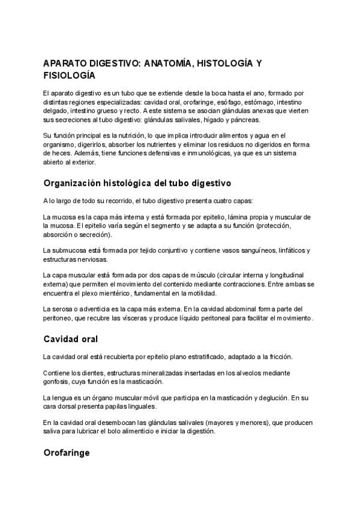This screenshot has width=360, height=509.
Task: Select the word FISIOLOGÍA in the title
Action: pos(70,76)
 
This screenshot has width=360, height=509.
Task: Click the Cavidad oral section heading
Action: pos(70,339)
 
